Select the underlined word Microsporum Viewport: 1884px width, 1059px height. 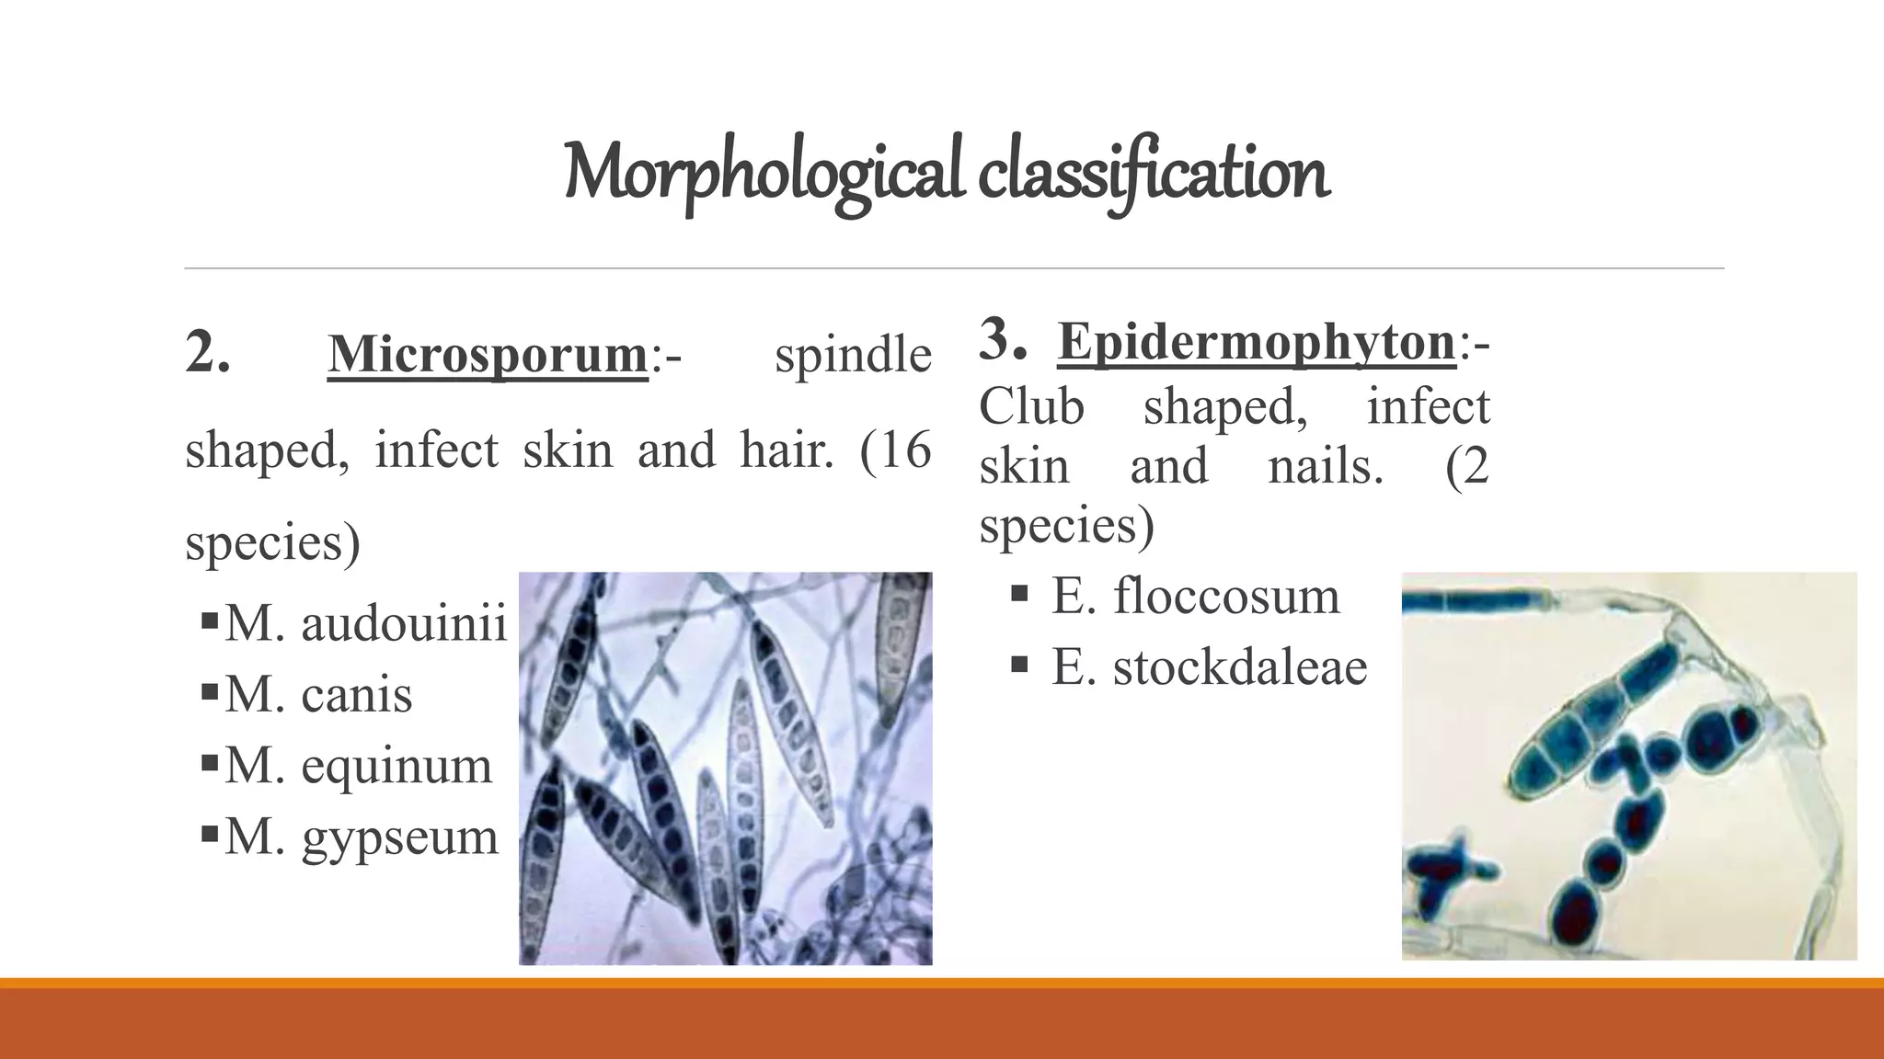[488, 355]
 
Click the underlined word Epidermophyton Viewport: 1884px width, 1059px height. [1257, 342]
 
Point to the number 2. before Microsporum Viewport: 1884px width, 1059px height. [207, 353]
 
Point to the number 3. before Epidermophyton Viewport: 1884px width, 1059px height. [1002, 340]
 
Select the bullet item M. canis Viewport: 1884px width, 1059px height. [318, 694]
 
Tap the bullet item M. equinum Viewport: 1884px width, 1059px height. [358, 765]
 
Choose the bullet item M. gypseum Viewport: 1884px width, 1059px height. [361, 837]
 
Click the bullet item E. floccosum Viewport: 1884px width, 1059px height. [1195, 596]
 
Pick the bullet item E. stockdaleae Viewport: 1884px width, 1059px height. [1209, 666]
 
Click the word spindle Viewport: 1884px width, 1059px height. [853, 355]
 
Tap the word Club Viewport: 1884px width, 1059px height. [1031, 406]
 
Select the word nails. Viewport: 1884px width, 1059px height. [1325, 466]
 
